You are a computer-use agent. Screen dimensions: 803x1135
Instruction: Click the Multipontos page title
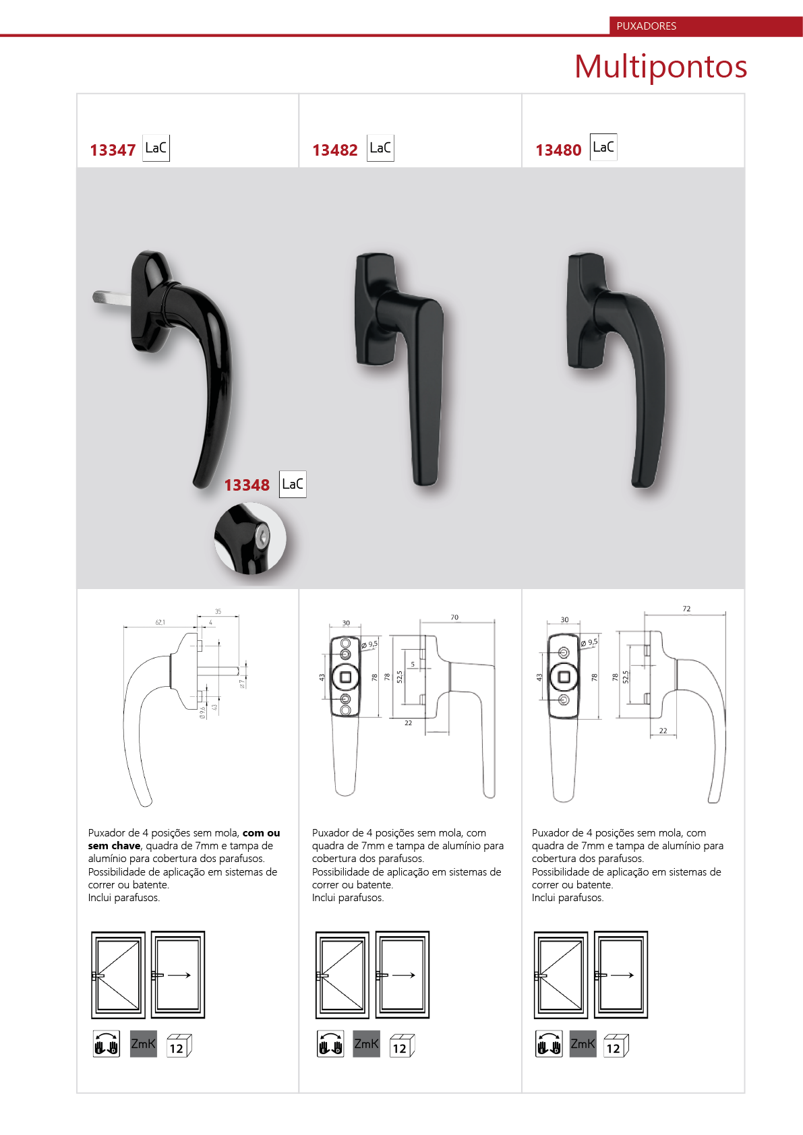tap(661, 67)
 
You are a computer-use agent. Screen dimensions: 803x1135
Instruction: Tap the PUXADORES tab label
tap(647, 26)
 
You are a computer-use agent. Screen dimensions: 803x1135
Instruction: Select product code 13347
tap(113, 150)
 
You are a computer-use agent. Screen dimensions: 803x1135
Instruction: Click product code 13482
tap(335, 150)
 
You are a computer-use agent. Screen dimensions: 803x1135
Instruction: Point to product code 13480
tap(559, 150)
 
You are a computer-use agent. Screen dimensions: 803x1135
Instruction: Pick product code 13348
tap(247, 485)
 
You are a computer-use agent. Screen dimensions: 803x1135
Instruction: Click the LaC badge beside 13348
tap(293, 484)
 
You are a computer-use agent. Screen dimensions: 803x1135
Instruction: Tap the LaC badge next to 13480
tap(603, 147)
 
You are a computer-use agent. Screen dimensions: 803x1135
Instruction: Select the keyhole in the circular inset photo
tap(262, 535)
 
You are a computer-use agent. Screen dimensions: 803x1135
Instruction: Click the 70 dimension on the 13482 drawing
tap(454, 617)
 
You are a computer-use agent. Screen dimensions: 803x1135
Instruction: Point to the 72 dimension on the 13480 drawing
tap(686, 609)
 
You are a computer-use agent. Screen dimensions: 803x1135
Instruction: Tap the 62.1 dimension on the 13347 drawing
tap(160, 622)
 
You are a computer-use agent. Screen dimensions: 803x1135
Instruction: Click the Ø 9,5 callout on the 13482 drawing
tap(369, 644)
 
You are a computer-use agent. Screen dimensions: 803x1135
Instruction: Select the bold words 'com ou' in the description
tap(261, 833)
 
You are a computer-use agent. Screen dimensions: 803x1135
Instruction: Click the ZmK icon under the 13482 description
tap(366, 1044)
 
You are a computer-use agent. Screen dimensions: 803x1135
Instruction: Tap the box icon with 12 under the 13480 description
tap(616, 1045)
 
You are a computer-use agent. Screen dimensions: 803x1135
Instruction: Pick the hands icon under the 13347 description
tap(107, 1044)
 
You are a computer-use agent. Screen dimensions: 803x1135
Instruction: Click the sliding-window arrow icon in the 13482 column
tap(403, 975)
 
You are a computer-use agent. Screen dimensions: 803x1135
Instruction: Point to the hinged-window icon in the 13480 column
tap(561, 975)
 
